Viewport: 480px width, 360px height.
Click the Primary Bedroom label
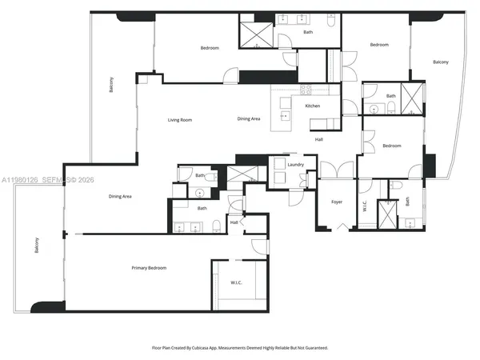pos(149,267)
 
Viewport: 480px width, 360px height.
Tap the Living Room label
pos(179,120)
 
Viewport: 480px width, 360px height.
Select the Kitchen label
pos(313,106)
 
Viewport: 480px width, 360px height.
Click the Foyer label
pos(337,202)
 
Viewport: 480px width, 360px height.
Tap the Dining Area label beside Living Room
pos(249,119)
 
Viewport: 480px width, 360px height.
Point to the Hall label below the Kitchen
pos(318,139)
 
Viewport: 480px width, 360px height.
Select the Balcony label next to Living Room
pos(112,85)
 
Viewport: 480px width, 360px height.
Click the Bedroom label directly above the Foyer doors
pos(391,146)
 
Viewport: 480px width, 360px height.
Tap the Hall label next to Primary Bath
pos(234,222)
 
